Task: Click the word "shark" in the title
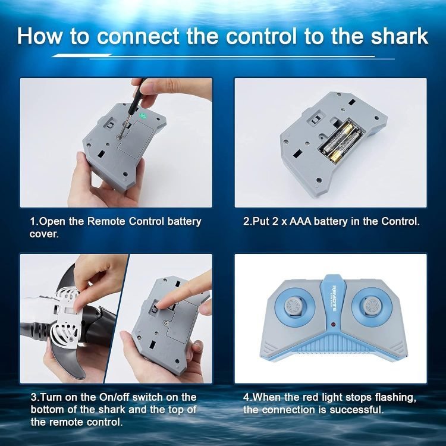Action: pos(400,36)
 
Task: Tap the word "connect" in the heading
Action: pos(138,36)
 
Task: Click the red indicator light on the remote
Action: pos(332,325)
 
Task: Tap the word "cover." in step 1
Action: pos(44,234)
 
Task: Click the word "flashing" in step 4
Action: pos(395,397)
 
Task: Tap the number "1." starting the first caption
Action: pos(34,221)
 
